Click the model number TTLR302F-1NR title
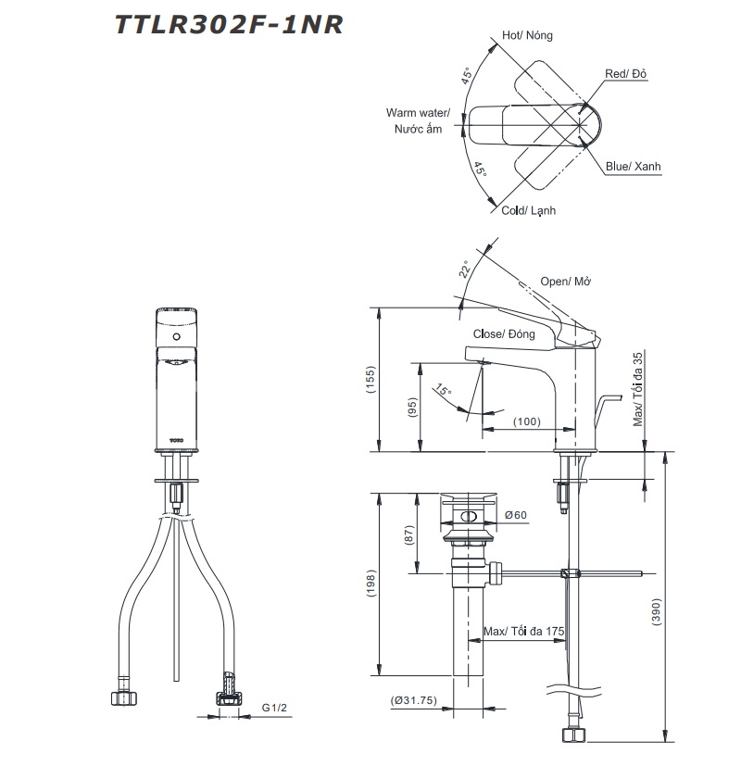point(229,26)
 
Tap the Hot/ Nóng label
point(527,35)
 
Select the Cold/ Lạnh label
point(529,211)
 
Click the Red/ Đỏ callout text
point(626,73)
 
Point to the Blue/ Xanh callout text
point(634,167)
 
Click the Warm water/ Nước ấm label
point(418,120)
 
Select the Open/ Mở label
point(566,282)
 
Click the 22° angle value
point(466,270)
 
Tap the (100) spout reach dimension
point(525,421)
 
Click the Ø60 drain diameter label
point(515,515)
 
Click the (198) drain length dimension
point(370,584)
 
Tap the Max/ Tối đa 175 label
point(524,632)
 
